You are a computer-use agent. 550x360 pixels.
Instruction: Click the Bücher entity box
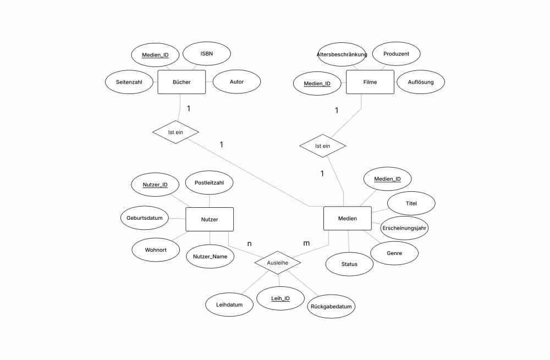coord(182,82)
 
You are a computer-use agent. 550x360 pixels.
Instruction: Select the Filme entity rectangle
coord(370,82)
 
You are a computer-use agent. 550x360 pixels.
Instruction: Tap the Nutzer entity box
coord(210,219)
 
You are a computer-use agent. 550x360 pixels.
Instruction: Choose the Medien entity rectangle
coord(347,218)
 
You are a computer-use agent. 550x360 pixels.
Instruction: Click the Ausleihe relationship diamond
coord(277,263)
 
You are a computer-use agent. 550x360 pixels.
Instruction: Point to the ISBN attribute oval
coord(207,54)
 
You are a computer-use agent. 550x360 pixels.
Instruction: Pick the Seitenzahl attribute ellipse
coord(129,82)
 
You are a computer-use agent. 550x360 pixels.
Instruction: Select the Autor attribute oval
coord(237,82)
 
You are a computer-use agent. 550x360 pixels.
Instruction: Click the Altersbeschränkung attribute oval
coord(342,54)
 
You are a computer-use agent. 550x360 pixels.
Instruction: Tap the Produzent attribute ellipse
coord(396,54)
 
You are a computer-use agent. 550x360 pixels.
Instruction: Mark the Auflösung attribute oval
coord(421,82)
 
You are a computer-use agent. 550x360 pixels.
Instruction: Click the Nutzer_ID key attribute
coord(155,185)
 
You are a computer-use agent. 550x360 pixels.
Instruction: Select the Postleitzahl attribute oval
coord(209,182)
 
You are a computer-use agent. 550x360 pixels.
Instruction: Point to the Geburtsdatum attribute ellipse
coord(145,218)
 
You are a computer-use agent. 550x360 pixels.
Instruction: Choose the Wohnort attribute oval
coord(156,250)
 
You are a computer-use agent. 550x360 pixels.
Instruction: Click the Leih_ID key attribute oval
coord(280,298)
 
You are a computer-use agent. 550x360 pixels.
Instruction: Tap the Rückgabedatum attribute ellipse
coord(331,306)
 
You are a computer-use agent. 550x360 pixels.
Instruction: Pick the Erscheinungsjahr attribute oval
coord(404,228)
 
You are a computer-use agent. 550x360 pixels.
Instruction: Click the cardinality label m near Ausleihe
coord(306,243)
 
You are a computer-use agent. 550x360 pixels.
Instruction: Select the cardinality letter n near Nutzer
coord(249,243)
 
